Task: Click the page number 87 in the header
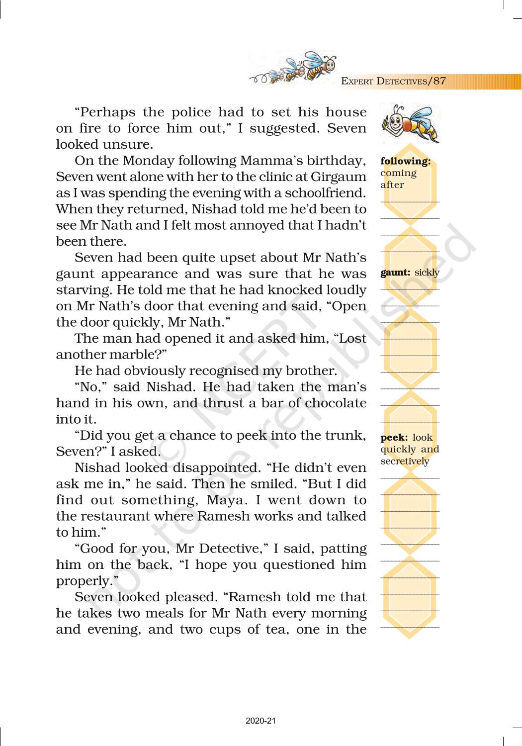pyautogui.click(x=439, y=81)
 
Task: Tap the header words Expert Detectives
pyautogui.click(x=384, y=82)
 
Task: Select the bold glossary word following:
pyautogui.click(x=405, y=161)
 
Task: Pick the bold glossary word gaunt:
pyautogui.click(x=395, y=273)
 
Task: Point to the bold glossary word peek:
pyautogui.click(x=394, y=438)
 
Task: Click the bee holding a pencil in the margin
pyautogui.click(x=410, y=123)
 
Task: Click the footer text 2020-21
pyautogui.click(x=261, y=721)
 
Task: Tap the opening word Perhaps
pyautogui.click(x=105, y=112)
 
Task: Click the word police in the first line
pyautogui.click(x=194, y=112)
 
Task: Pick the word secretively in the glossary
pyautogui.click(x=405, y=461)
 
